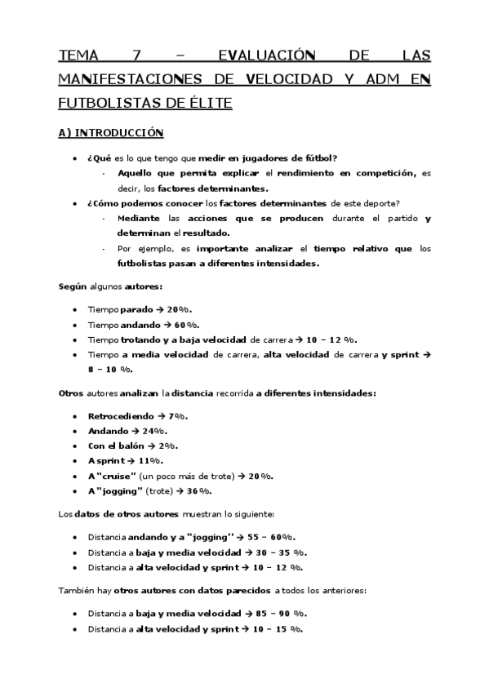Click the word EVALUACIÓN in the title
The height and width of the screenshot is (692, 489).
click(267, 55)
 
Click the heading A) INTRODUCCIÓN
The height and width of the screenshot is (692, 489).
click(112, 132)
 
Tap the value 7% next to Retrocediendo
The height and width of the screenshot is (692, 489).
click(178, 416)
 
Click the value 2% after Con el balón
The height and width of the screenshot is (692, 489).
click(168, 446)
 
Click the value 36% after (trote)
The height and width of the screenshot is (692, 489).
click(199, 490)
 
